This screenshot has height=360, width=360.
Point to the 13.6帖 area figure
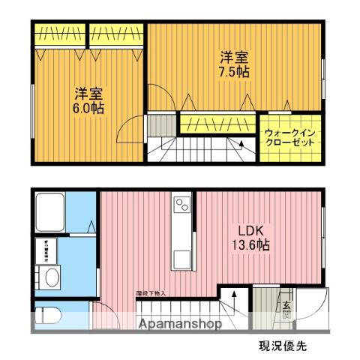253,244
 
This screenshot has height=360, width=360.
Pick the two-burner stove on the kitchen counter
182,204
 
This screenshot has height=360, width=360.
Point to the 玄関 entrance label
287,310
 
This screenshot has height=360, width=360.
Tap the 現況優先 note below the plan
283,346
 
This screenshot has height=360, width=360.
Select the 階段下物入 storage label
150,294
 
